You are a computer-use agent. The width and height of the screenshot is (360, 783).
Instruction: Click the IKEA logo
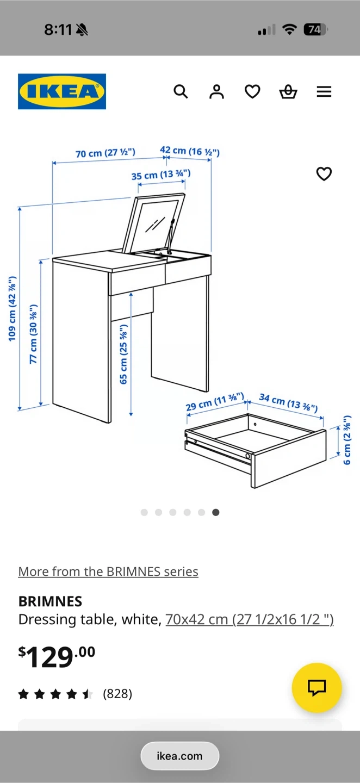[x=62, y=91]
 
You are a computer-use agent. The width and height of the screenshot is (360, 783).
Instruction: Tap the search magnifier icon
[x=181, y=91]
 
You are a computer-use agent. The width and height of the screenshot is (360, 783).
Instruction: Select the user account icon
[x=216, y=91]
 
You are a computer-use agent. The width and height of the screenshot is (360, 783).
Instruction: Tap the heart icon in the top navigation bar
[x=252, y=91]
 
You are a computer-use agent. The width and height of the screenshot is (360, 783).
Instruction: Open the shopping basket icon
[x=288, y=91]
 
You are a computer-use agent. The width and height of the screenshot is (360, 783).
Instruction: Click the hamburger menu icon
[x=324, y=91]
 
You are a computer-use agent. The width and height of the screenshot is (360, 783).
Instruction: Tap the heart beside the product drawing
[x=324, y=174]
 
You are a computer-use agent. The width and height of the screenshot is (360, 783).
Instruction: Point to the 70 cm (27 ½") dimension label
[x=105, y=153]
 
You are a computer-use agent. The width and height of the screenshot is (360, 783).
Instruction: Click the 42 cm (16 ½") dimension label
[x=190, y=151]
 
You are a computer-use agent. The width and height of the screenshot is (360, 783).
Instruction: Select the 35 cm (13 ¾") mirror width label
[x=161, y=175]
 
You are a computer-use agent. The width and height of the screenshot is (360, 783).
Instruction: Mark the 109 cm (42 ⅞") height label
[x=12, y=309]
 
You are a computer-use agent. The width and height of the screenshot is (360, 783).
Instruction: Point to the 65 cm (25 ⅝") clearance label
[x=123, y=355]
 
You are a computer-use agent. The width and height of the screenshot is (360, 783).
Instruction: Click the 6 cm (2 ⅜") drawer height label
[x=347, y=440]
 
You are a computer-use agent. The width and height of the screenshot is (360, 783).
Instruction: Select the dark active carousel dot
[x=216, y=512]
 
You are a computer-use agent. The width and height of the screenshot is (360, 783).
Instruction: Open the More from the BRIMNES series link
[x=108, y=571]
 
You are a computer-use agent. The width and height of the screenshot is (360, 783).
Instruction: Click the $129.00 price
[x=57, y=657]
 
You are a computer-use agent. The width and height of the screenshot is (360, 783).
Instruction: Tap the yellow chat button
[x=316, y=687]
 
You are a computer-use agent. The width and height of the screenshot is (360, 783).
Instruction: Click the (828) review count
[x=117, y=693]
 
